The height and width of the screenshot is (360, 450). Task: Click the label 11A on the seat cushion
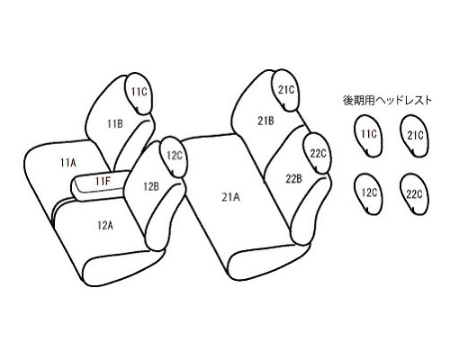pyautogui.click(x=68, y=163)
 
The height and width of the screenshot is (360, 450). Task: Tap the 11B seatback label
pyautogui.click(x=115, y=123)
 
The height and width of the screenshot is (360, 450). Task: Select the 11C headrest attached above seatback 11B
pyautogui.click(x=139, y=94)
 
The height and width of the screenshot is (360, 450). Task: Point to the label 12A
pyautogui.click(x=105, y=225)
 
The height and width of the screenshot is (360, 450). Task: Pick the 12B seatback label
pyautogui.click(x=151, y=187)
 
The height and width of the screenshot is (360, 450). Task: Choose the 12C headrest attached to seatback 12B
pyautogui.click(x=174, y=157)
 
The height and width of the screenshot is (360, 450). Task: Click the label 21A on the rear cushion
pyautogui.click(x=231, y=197)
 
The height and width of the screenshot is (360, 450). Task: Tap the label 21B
pyautogui.click(x=265, y=121)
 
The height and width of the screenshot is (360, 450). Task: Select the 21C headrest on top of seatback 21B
pyautogui.click(x=285, y=90)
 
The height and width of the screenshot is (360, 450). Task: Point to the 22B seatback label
pyautogui.click(x=293, y=179)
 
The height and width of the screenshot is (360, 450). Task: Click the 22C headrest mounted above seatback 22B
pyautogui.click(x=318, y=153)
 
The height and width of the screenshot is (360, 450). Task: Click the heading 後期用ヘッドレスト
pyautogui.click(x=387, y=101)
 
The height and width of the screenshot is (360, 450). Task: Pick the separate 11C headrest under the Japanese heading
pyautogui.click(x=368, y=136)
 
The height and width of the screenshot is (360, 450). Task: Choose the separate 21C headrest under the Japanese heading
pyautogui.click(x=414, y=136)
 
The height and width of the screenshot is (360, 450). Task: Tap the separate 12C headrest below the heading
pyautogui.click(x=368, y=193)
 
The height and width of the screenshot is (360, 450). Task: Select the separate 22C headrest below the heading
pyautogui.click(x=414, y=193)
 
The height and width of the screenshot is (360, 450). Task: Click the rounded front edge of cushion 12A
pyautogui.click(x=123, y=267)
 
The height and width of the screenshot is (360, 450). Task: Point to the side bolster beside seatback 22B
pyautogui.click(x=312, y=210)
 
